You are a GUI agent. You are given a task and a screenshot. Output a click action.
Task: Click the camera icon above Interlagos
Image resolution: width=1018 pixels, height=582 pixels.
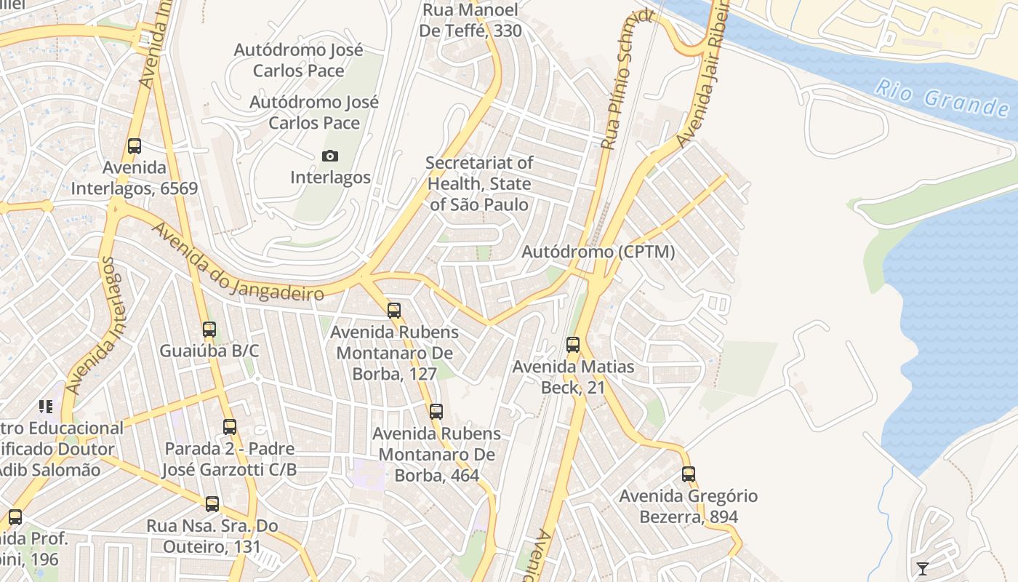pyautogui.click(x=329, y=156)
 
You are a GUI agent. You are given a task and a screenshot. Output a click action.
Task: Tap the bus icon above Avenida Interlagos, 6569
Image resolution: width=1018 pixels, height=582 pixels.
pyautogui.click(x=135, y=145)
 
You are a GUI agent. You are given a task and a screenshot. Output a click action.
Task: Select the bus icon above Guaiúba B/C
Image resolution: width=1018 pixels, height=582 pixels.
pyautogui.click(x=209, y=330)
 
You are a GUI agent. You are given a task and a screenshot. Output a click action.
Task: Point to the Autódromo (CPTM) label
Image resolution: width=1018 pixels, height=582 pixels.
pyautogui.click(x=598, y=252)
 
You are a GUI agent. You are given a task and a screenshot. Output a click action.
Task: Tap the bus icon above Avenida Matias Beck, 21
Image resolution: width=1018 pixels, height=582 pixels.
pyautogui.click(x=573, y=345)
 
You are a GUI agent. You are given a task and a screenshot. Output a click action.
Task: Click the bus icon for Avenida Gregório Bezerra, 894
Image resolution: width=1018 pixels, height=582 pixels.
pyautogui.click(x=689, y=474)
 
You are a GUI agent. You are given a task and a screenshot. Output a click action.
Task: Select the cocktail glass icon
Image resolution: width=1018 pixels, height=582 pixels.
pyautogui.click(x=922, y=568)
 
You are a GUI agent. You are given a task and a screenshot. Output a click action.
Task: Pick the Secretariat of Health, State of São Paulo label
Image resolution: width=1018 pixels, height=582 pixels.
pyautogui.click(x=479, y=183)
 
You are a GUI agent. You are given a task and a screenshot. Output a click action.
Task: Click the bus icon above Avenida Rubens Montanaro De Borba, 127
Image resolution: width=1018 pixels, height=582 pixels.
pyautogui.click(x=394, y=311)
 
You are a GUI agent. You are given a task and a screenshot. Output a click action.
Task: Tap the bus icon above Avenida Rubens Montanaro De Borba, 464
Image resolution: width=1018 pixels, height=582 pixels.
pyautogui.click(x=436, y=411)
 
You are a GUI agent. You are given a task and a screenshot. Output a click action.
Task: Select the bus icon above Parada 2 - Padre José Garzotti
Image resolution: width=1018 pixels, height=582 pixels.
pyautogui.click(x=230, y=427)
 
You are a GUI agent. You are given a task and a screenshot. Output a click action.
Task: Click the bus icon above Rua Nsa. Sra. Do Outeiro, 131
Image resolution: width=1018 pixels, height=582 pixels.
pyautogui.click(x=212, y=503)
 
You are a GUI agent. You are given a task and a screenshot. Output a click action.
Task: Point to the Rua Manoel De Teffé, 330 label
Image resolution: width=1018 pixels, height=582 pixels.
pyautogui.click(x=470, y=20)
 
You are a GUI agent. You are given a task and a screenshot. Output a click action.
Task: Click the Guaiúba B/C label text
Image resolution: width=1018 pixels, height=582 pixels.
pyautogui.click(x=209, y=351)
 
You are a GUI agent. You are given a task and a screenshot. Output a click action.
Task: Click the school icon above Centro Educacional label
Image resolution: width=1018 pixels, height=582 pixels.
pyautogui.click(x=46, y=406)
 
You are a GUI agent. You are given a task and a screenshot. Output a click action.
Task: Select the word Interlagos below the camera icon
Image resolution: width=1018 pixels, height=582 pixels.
pyautogui.click(x=330, y=177)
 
